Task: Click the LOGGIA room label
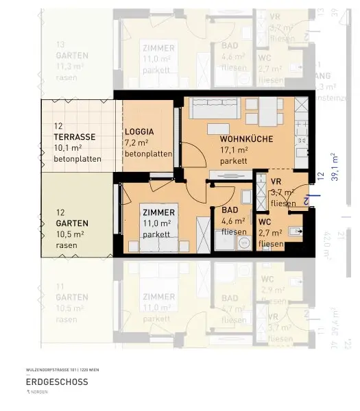click(140, 131)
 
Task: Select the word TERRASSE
click(75, 136)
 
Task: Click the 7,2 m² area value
click(137, 142)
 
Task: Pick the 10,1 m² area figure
click(69, 148)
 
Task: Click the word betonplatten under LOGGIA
click(148, 154)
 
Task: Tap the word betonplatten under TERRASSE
click(77, 160)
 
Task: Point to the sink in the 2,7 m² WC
click(296, 231)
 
